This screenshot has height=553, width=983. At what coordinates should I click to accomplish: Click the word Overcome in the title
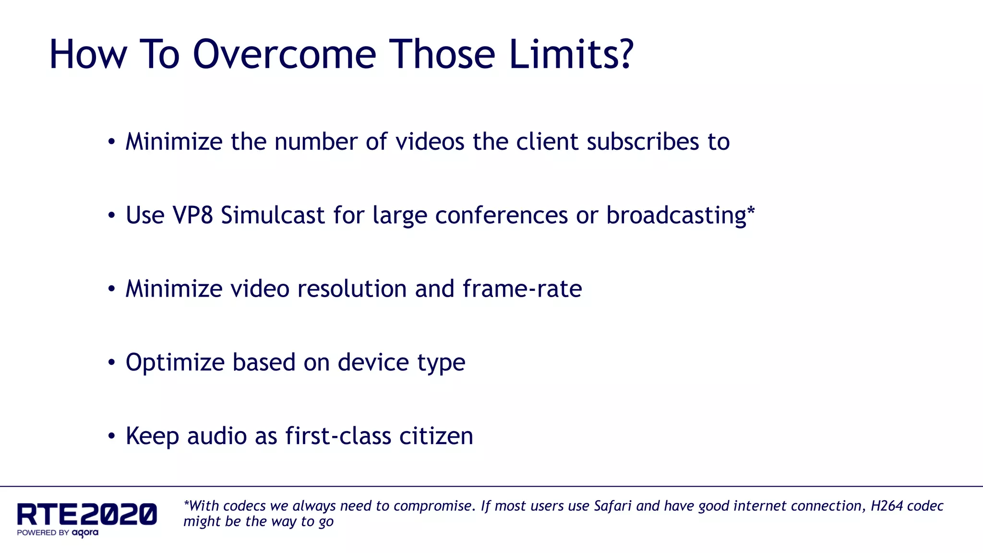point(284,54)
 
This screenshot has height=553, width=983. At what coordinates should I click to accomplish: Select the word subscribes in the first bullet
point(643,142)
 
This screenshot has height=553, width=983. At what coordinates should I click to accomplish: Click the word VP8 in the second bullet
point(192,215)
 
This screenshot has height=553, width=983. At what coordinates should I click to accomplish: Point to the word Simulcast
point(273,215)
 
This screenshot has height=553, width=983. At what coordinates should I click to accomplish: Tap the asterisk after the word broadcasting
point(751,210)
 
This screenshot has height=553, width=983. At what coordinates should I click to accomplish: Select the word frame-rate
point(522,289)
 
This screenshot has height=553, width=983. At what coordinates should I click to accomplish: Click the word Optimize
point(175,362)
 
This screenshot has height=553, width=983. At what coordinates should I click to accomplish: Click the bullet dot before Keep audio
point(111,436)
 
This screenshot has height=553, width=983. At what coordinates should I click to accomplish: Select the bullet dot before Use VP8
point(111,216)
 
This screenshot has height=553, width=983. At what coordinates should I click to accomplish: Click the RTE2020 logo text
point(87,515)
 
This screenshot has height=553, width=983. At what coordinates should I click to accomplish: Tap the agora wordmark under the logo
point(85,533)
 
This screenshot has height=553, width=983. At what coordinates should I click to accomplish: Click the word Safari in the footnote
point(612,506)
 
